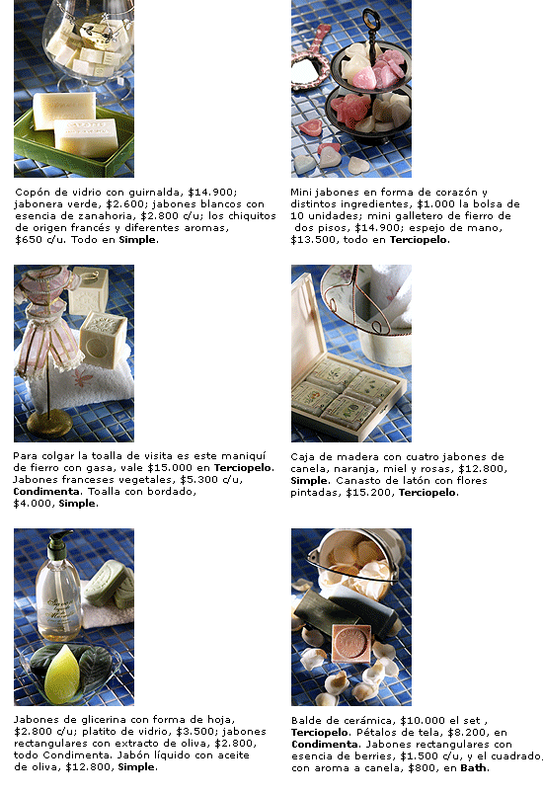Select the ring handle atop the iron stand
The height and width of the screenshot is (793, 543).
(x=371, y=19)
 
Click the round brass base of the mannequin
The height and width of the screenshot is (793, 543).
(x=49, y=424)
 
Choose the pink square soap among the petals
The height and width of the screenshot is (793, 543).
(x=351, y=643)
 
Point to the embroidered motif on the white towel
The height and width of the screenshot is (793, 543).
(x=86, y=379)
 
